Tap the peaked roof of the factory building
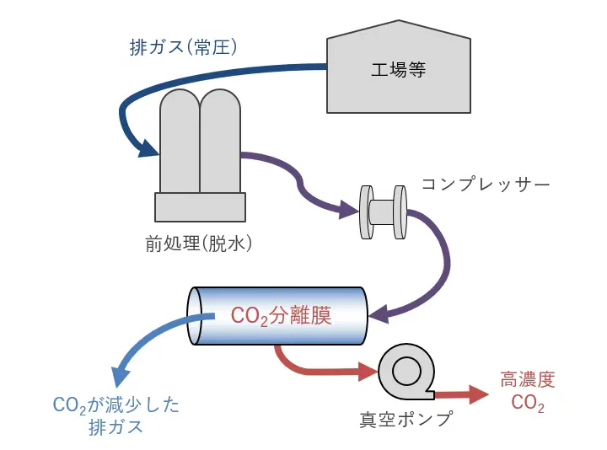coord(398,32)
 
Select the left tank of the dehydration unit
coord(179,139)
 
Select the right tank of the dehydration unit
coord(221,139)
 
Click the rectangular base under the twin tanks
coord(200,206)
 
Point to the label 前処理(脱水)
coord(199,244)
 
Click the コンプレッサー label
coord(486,183)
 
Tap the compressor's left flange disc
coord(367,212)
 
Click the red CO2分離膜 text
coord(281,316)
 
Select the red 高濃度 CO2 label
coord(528,392)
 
